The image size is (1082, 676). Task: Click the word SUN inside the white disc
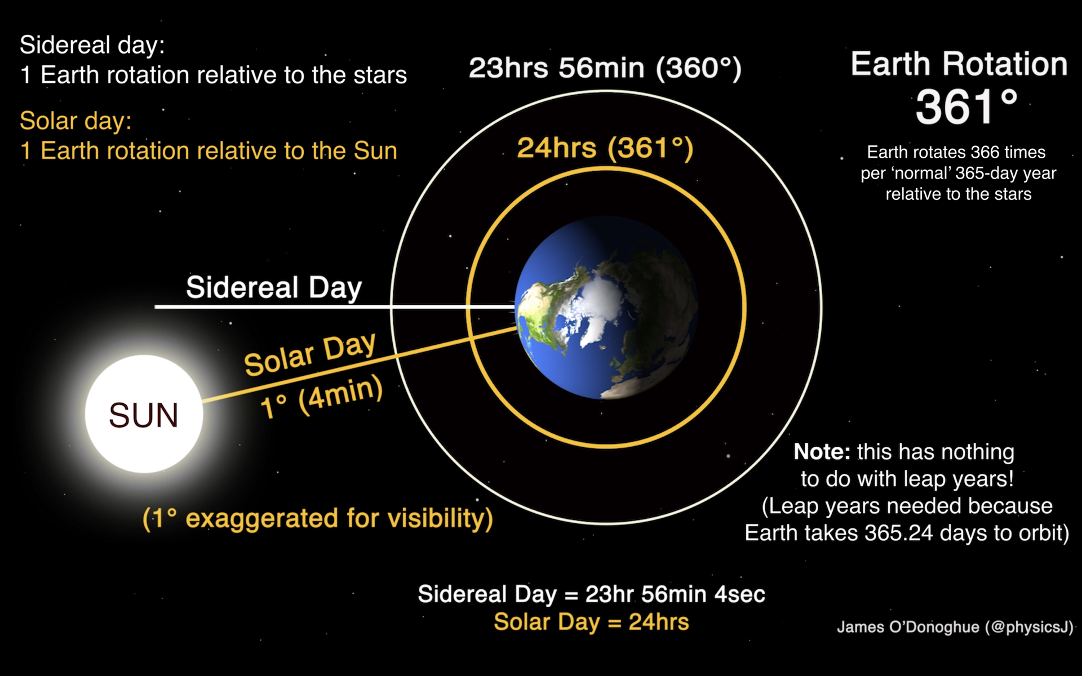tap(144, 416)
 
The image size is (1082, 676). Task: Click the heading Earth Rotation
tap(959, 64)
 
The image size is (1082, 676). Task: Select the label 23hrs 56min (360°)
tap(605, 68)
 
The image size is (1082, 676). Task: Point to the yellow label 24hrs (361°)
tap(605, 148)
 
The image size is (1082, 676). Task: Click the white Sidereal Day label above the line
tap(274, 287)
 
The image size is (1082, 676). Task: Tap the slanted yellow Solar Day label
tap(309, 354)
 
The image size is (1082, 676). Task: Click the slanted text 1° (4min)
tap(322, 398)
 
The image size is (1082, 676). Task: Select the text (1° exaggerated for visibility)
tap(317, 518)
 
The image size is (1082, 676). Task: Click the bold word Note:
tap(822, 452)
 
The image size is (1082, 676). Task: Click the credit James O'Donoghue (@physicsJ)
tap(955, 627)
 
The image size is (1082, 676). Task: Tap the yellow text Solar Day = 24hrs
tap(591, 622)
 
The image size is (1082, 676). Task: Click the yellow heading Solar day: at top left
tap(76, 121)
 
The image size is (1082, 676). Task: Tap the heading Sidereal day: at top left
tap(92, 45)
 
